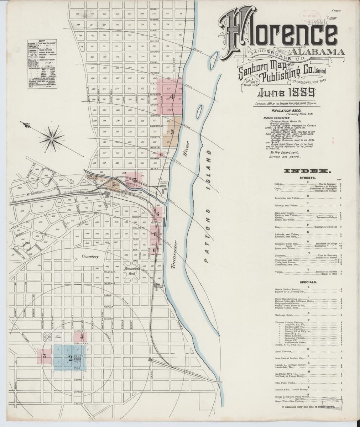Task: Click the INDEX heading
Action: pyautogui.click(x=306, y=171)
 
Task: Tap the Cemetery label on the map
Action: pyautogui.click(x=90, y=256)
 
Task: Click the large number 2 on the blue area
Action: pyautogui.click(x=70, y=358)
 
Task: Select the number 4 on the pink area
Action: pyautogui.click(x=172, y=96)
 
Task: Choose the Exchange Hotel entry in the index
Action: pyautogui.click(x=284, y=315)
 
